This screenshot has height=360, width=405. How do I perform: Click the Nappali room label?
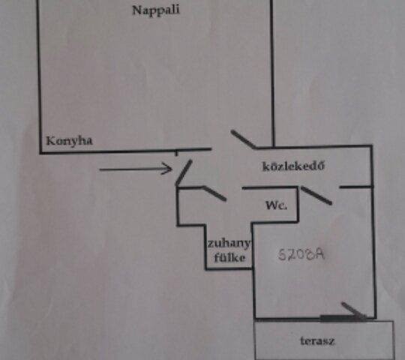(156, 10)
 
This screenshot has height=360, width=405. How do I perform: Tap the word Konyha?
(69, 141)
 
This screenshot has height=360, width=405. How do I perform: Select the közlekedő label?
(293, 166)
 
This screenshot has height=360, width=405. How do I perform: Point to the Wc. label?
(276, 205)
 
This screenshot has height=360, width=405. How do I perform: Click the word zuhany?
(229, 244)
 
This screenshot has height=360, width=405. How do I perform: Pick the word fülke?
(229, 257)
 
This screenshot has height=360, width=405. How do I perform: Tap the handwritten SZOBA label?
(301, 255)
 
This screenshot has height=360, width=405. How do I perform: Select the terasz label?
(317, 341)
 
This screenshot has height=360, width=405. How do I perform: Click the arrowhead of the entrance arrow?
(166, 169)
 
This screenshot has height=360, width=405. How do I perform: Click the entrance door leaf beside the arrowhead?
(184, 172)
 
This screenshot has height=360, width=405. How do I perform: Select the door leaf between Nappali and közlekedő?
(243, 139)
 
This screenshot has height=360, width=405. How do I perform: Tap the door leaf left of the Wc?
(214, 193)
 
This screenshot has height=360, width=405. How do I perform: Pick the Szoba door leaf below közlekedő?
(316, 196)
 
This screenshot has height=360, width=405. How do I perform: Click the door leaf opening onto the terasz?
(354, 310)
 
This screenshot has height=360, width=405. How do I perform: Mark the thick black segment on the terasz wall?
(343, 319)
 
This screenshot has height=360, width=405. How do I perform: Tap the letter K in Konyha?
(50, 141)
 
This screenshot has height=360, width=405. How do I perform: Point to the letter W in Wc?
(271, 205)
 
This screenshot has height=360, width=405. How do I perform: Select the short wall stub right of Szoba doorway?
(356, 187)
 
